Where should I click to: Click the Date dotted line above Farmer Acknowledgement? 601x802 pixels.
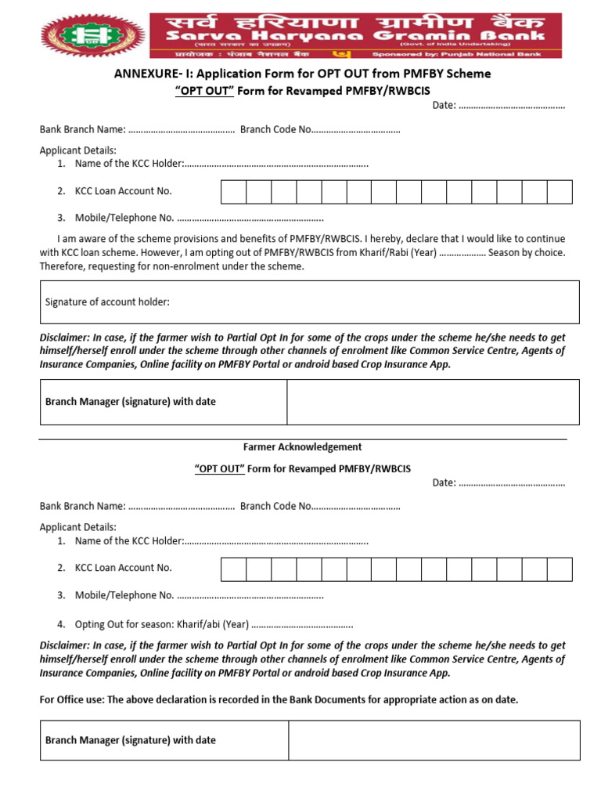pos(511,106)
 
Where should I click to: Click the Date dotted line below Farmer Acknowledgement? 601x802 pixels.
pos(511,482)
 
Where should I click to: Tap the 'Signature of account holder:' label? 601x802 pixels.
pos(107,302)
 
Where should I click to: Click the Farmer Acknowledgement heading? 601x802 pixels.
pos(302,447)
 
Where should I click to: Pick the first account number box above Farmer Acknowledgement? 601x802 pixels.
pos(234,192)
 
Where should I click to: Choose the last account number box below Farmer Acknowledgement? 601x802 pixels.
pos(560,569)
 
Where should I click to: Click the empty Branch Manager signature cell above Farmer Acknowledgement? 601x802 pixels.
pos(433,402)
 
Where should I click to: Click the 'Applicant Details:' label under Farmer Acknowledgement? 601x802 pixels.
pos(78,527)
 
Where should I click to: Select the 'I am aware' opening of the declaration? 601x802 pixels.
pos(81,239)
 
